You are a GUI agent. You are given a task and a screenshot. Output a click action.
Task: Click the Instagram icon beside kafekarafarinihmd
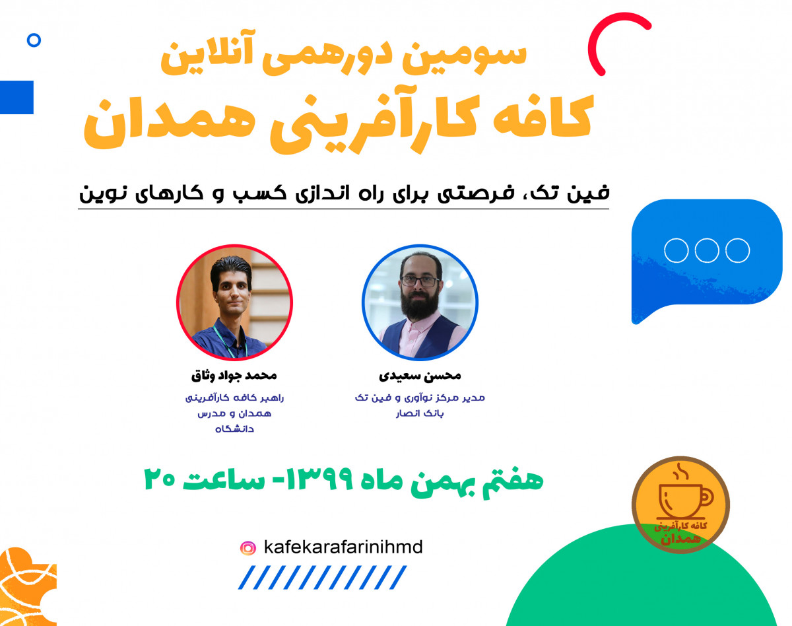click(248, 548)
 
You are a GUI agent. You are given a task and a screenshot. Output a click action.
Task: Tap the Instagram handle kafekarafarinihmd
click(343, 547)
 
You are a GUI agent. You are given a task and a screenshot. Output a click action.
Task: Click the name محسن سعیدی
click(420, 376)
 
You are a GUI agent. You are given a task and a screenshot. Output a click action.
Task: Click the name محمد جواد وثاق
click(234, 376)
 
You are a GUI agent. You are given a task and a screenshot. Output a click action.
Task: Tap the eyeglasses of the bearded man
click(420, 280)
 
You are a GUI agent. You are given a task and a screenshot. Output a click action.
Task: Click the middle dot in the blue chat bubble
click(706, 251)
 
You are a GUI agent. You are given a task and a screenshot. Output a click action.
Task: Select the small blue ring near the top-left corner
click(34, 41)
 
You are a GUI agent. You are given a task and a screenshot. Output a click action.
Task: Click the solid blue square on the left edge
click(16, 97)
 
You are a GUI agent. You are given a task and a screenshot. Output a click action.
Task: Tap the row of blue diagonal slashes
click(323, 578)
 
